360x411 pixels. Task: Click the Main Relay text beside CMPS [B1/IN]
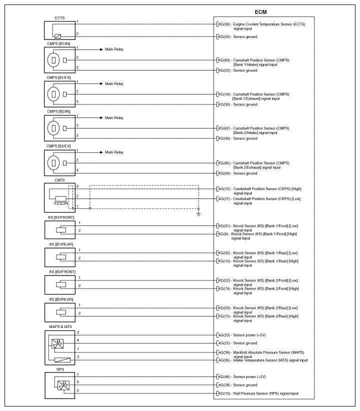pyautogui.click(x=114, y=49)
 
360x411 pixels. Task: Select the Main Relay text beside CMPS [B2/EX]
pyautogui.click(x=114, y=152)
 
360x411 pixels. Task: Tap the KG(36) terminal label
pyautogui.click(x=223, y=24)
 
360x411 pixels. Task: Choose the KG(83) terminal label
pyautogui.click(x=223, y=60)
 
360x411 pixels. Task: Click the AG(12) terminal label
pyautogui.click(x=223, y=189)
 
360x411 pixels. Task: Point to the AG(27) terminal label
pyautogui.click(x=223, y=199)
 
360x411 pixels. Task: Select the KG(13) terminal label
pyautogui.click(x=223, y=393)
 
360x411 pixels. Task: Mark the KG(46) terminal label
pyautogui.click(x=223, y=376)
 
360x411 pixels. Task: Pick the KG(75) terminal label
pyautogui.click(x=223, y=316)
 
